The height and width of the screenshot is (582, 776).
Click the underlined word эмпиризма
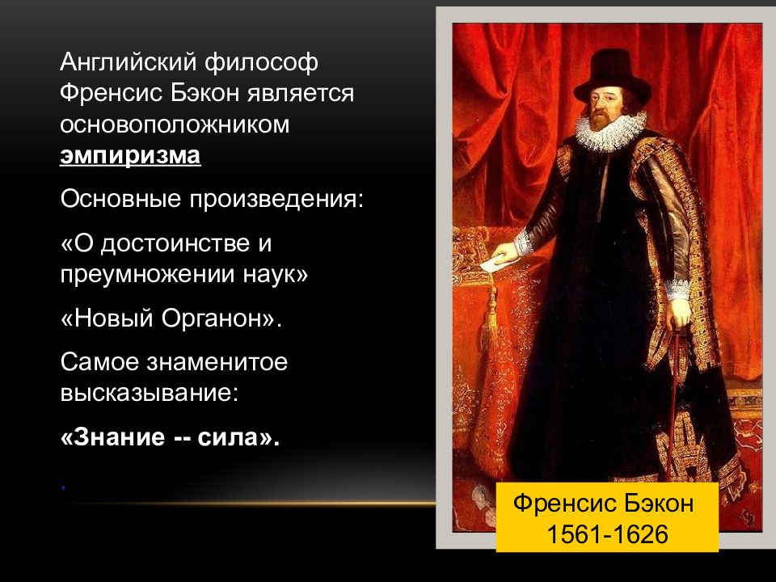130,155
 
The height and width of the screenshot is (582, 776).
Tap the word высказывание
150,393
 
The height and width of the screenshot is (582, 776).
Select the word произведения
276,199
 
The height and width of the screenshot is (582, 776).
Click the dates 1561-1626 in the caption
607,534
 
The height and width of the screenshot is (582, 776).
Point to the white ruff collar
611,131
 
